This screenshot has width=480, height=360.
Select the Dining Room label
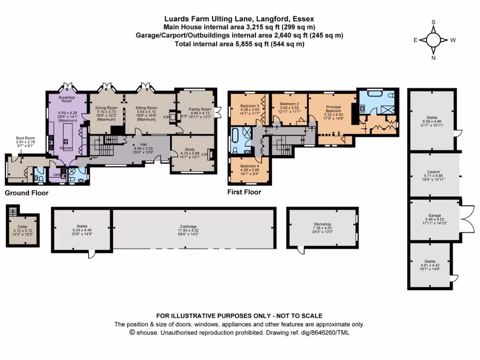(x=106, y=108)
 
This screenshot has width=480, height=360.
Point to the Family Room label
(x=196, y=109)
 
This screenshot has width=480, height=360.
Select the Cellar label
(x=22, y=227)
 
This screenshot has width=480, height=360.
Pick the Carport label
(x=434, y=172)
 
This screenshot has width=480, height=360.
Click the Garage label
(x=434, y=215)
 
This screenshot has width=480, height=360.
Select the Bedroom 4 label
(x=249, y=165)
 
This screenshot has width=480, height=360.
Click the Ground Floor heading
(x=26, y=193)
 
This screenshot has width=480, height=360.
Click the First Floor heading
(x=244, y=192)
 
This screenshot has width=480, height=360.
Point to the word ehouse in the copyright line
(x=146, y=333)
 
